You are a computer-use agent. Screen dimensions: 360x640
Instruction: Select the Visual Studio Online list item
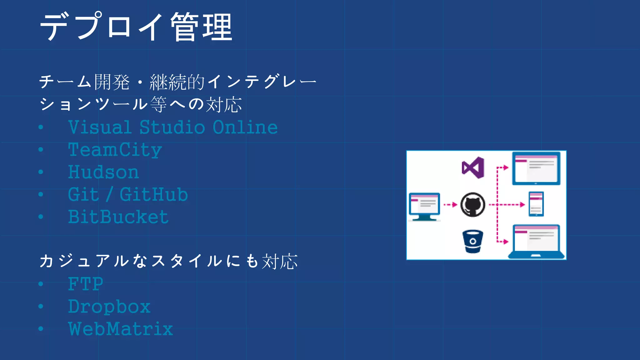click(173, 127)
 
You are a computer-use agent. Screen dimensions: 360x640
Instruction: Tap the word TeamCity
click(115, 150)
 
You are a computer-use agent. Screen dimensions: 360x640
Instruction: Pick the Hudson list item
click(103, 172)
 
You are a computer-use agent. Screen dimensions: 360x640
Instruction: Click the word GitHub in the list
click(154, 195)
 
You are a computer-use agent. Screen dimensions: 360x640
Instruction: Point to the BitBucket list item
click(118, 217)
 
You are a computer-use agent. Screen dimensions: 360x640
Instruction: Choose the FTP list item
click(86, 284)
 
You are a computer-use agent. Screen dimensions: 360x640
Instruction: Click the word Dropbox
click(109, 307)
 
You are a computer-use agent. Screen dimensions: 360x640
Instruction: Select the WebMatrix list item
click(121, 329)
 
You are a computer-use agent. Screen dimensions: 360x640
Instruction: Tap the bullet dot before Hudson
click(41, 172)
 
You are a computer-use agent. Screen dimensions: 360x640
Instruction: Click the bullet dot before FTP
click(41, 284)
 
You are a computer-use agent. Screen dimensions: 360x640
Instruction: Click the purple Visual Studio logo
click(473, 168)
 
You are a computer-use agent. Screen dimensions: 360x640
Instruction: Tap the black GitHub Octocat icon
click(473, 205)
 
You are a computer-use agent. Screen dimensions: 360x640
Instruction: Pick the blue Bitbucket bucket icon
click(473, 242)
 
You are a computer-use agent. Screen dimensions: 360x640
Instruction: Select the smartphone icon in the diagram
click(536, 204)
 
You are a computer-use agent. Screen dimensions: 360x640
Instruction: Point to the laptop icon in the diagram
click(536, 242)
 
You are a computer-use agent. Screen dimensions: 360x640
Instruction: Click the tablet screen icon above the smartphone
click(536, 168)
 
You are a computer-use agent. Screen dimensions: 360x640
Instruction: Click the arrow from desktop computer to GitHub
click(450, 205)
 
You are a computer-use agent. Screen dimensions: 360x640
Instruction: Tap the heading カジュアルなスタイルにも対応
click(169, 261)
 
